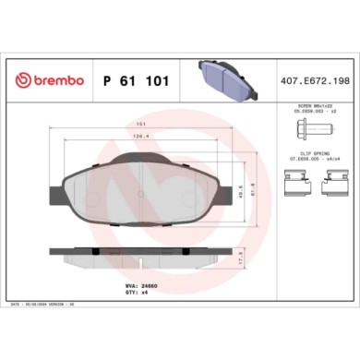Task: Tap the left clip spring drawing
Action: click(x=303, y=191)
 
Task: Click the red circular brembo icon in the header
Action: click(x=22, y=81)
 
